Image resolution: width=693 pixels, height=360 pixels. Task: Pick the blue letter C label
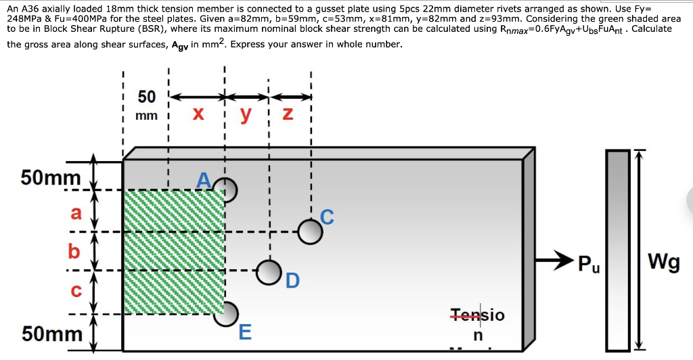point(327,217)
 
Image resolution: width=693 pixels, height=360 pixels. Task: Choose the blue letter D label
point(292,279)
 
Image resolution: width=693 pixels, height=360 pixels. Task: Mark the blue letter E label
point(245,332)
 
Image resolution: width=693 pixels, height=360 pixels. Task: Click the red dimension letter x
point(198,114)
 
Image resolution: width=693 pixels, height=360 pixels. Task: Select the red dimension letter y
point(246,114)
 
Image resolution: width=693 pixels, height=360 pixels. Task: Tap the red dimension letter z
point(286,114)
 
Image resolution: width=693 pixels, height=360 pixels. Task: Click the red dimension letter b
point(74,251)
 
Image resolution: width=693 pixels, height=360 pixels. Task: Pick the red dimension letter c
point(76,291)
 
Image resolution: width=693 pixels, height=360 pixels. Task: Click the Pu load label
point(588,263)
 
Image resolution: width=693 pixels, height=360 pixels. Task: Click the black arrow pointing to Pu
point(554,259)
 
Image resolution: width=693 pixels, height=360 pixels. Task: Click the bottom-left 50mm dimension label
point(51,334)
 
